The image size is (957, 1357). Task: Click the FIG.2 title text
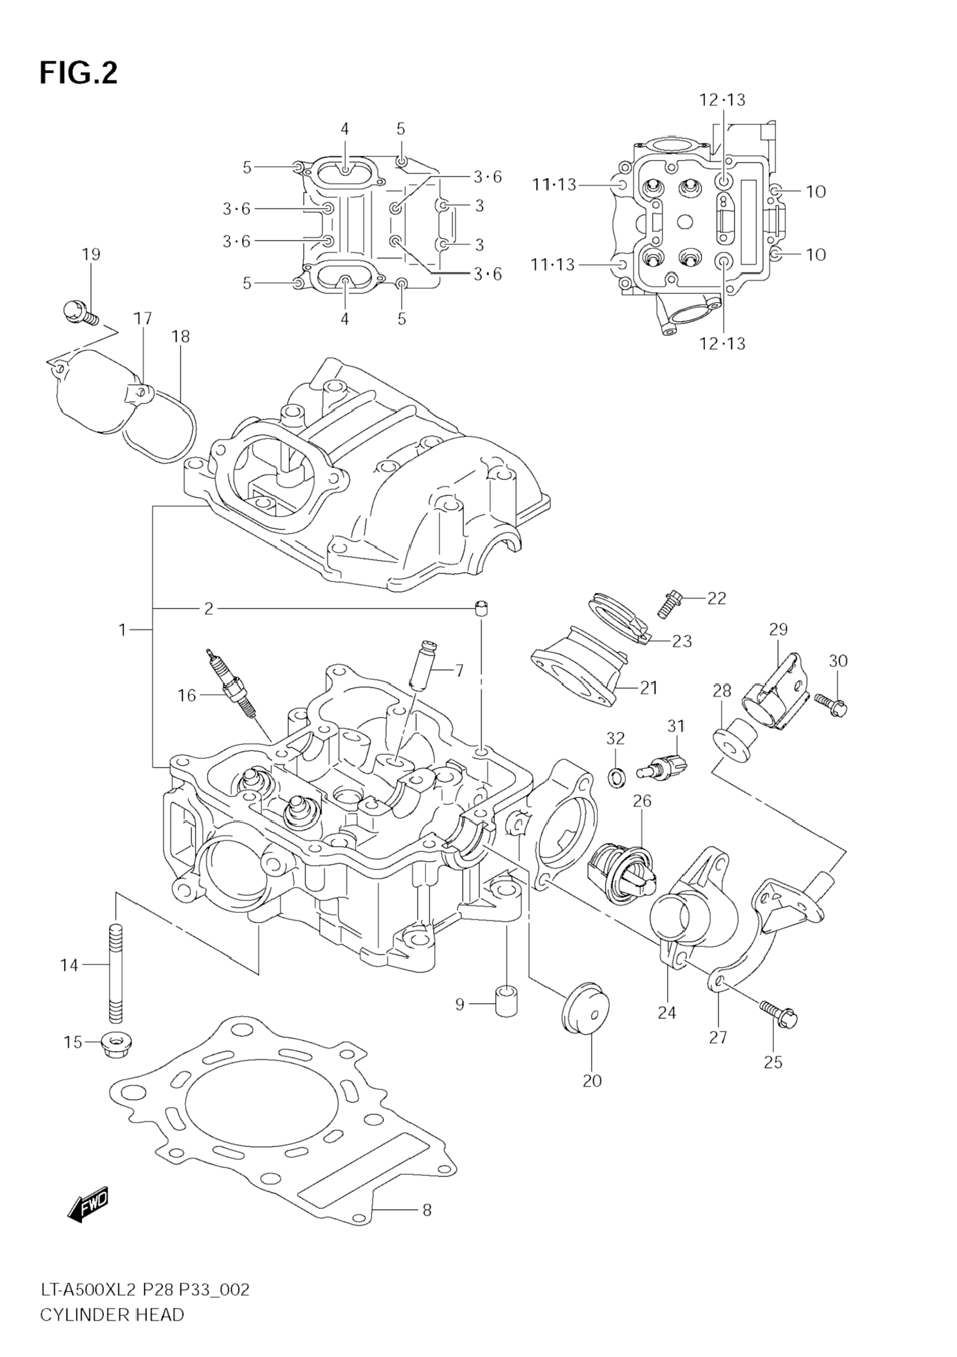79,73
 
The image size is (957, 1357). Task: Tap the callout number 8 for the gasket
427,1210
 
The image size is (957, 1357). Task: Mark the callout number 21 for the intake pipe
649,687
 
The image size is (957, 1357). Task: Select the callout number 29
779,629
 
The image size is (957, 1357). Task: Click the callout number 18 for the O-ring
181,336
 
